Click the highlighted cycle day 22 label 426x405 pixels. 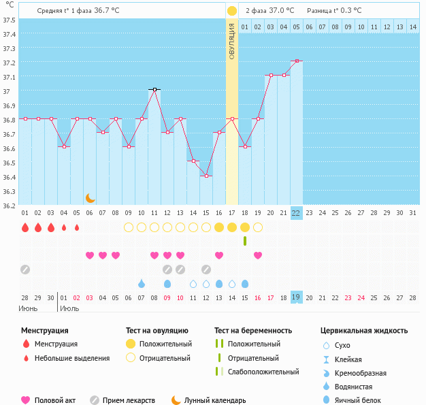296,212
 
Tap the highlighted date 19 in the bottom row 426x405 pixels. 296,297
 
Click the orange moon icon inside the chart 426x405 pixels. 91,197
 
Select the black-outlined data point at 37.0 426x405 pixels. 154,89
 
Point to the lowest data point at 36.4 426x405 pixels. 206,176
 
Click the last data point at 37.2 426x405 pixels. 297,61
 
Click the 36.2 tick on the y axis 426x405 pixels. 9,205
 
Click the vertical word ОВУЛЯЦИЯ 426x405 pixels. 231,41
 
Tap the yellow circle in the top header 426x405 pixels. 232,11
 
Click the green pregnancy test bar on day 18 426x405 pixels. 244,241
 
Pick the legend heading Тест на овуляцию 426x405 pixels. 158,331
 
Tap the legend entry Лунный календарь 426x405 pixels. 220,400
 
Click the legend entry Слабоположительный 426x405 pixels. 263,372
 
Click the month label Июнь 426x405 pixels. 29,308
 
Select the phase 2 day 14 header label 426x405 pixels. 412,27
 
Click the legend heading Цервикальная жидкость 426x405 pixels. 364,331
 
